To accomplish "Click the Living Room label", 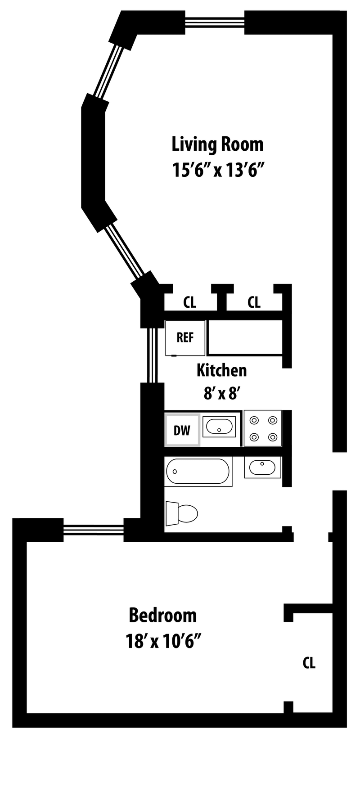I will click(217, 145).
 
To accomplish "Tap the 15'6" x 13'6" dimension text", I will click(217, 171).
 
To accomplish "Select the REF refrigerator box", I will click(185, 337).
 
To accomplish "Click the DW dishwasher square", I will click(182, 430).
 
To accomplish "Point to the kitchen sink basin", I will click(219, 427).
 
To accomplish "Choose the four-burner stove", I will click(263, 428).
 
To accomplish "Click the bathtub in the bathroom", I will click(198, 472).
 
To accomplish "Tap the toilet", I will click(183, 513).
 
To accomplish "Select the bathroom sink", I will click(263, 467).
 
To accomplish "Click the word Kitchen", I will click(221, 370).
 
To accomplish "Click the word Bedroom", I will click(163, 615).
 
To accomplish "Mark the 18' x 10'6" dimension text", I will click(163, 641).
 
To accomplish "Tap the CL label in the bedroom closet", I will click(309, 662).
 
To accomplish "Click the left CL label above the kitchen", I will click(190, 302).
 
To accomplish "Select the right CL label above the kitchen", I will click(254, 302).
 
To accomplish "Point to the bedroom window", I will click(93, 530).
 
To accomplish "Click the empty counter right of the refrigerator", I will click(245, 337).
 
